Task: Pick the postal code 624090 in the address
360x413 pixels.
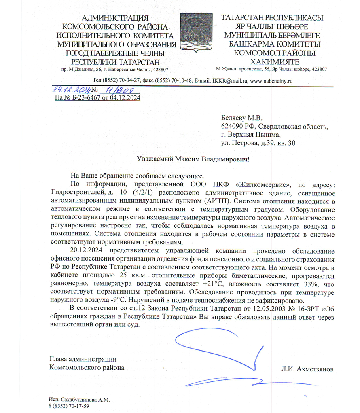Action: (233, 127)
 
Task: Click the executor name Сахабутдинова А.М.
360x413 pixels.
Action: (85, 400)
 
